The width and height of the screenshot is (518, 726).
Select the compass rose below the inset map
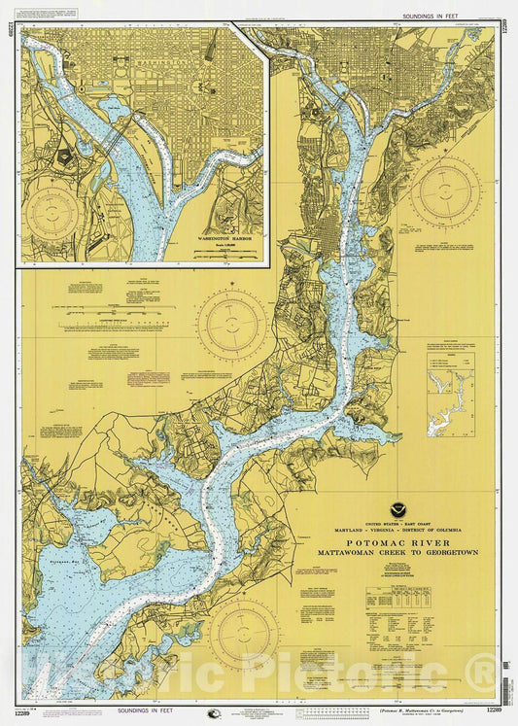231,325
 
